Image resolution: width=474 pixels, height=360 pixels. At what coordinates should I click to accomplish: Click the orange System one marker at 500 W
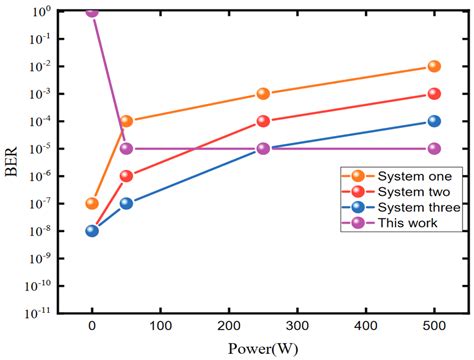point(434,66)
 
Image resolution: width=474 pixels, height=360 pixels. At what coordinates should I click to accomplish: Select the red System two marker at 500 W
point(434,94)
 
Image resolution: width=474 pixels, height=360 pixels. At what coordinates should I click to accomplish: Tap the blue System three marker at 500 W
point(434,121)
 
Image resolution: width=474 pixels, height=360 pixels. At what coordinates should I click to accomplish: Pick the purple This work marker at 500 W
point(434,148)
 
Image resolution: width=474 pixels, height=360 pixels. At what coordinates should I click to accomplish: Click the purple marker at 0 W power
point(92,12)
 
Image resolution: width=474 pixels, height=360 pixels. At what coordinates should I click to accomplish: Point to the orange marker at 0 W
point(92,203)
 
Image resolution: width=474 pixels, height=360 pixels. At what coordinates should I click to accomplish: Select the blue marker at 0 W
point(92,231)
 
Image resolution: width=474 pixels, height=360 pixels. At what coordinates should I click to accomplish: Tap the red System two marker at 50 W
point(126,176)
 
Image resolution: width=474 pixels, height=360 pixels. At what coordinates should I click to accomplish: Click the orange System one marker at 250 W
point(263,94)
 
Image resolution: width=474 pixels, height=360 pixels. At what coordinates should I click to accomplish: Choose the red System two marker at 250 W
point(263,121)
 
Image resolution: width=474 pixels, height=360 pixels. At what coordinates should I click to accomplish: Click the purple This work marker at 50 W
point(126,148)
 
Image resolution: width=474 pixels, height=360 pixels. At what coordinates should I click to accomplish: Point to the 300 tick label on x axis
point(297,326)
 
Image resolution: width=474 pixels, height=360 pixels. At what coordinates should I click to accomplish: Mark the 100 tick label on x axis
point(160,326)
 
